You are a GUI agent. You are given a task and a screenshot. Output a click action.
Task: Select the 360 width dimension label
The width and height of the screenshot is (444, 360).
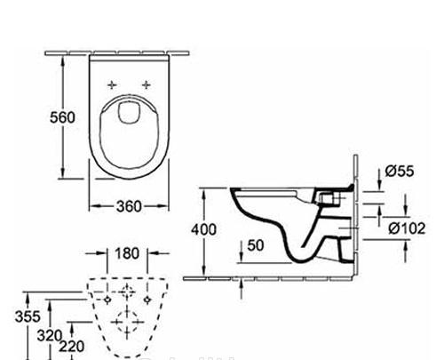tap(129, 206)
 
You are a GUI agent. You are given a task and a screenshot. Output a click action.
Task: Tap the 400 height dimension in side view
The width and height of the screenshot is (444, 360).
tap(204, 230)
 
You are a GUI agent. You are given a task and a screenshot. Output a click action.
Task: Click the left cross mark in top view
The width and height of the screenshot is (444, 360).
tap(112, 84)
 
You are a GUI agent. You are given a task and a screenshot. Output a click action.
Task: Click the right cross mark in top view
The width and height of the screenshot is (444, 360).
tap(146, 84)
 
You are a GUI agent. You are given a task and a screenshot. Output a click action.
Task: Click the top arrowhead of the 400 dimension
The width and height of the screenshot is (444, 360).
tap(206, 190)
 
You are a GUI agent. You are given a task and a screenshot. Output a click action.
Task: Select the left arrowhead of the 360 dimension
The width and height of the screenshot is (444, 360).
tap(93, 206)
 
